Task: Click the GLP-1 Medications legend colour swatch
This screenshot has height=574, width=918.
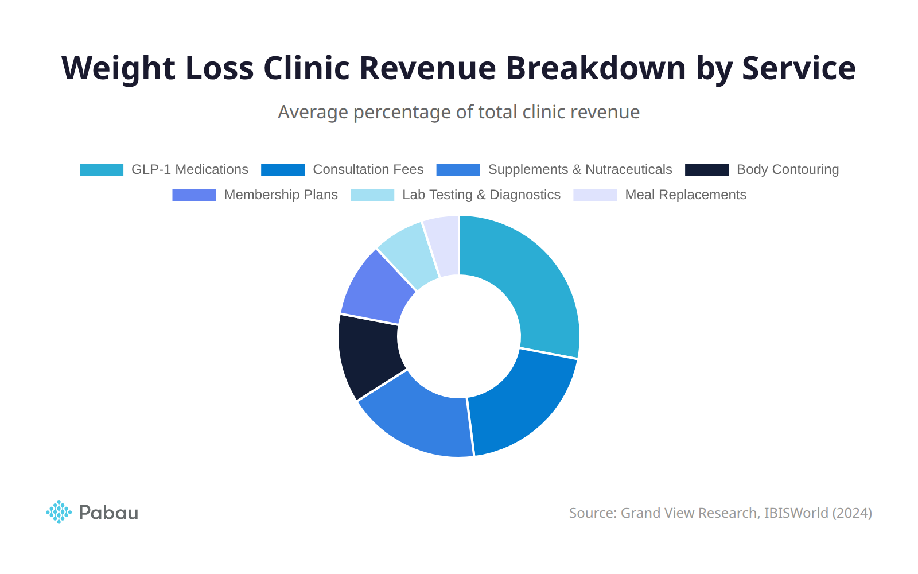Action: click(102, 170)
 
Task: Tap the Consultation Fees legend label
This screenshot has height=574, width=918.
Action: click(368, 170)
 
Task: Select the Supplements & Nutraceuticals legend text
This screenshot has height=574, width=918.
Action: click(579, 170)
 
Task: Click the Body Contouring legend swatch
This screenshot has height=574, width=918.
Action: click(707, 170)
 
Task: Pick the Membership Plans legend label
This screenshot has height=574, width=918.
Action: click(281, 195)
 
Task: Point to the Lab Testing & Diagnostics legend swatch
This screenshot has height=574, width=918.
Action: click(372, 195)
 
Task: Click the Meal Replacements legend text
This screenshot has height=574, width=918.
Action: click(685, 195)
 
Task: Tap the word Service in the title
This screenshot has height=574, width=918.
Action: click(799, 68)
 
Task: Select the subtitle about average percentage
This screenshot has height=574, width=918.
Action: click(458, 112)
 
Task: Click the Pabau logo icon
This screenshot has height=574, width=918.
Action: click(59, 511)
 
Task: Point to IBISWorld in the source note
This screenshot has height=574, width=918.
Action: click(796, 513)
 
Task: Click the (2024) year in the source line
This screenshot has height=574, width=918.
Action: click(852, 513)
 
